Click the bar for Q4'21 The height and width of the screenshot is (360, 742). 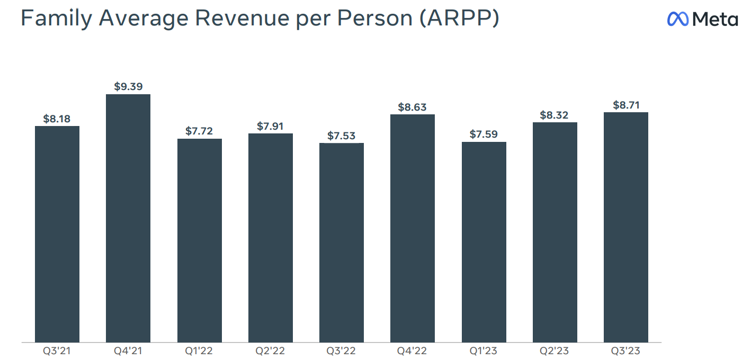pos(128,218)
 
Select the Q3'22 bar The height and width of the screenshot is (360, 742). pos(342,242)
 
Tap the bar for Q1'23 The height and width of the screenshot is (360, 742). pos(484,241)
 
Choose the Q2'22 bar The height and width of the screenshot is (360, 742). pos(271,237)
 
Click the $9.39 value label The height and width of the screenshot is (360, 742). pos(128,86)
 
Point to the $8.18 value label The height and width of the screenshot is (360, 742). pos(57,119)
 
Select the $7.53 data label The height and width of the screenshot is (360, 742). pos(342,136)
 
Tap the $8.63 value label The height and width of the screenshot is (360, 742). pos(413,107)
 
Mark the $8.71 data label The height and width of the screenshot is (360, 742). pos(626,105)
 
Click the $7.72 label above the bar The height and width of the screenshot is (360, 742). pos(199,131)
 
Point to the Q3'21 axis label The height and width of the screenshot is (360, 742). pos(57,350)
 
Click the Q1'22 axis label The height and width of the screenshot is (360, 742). pos(199,350)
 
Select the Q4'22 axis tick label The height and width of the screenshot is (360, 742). pos(413,350)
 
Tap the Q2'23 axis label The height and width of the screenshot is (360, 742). pos(555,350)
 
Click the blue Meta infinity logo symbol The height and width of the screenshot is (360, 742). pos(678,19)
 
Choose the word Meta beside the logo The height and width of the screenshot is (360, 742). pos(715,20)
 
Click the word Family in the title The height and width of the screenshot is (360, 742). pos(52,19)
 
